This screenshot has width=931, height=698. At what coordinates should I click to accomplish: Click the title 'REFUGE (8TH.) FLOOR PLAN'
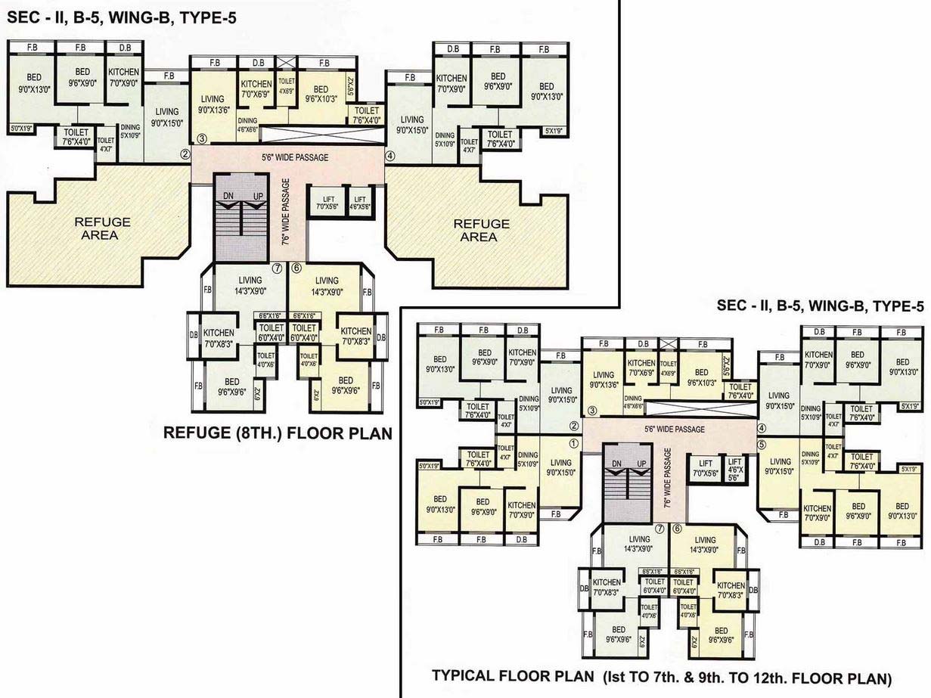(x=278, y=433)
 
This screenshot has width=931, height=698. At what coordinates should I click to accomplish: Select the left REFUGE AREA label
(x=102, y=228)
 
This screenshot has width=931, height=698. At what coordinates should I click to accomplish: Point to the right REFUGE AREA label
(x=481, y=231)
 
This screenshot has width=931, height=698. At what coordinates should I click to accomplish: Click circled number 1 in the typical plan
(x=573, y=444)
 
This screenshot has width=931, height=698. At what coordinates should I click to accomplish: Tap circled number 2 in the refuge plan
(x=184, y=155)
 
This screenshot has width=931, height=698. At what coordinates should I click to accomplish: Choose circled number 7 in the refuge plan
(x=278, y=268)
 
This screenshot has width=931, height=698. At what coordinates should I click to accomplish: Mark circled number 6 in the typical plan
(x=677, y=529)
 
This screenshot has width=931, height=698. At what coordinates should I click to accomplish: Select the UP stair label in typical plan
(x=642, y=463)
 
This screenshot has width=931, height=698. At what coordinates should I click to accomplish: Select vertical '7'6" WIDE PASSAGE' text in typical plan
(x=668, y=477)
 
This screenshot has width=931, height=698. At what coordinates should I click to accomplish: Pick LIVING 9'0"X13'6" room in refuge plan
(x=213, y=104)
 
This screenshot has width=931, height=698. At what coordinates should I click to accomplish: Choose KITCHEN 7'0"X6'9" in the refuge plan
(x=256, y=89)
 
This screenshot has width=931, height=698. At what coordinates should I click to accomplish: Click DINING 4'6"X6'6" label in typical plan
(x=632, y=402)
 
